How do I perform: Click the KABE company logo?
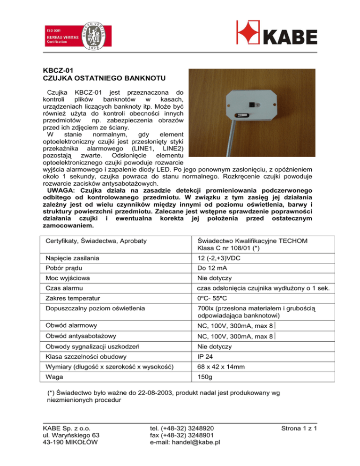click(276, 34)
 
